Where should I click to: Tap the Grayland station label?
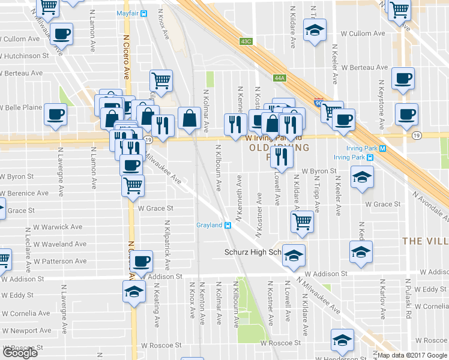(209, 226)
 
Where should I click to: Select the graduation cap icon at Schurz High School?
(293, 255)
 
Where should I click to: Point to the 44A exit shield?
(279, 78)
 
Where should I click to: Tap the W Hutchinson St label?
(25, 56)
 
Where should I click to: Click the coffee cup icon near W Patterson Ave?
(142, 261)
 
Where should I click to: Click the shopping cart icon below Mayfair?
(161, 79)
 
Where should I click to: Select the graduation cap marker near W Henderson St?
(342, 340)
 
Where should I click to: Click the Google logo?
(20, 353)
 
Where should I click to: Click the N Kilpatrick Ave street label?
(167, 244)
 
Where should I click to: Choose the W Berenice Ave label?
(24, 194)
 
